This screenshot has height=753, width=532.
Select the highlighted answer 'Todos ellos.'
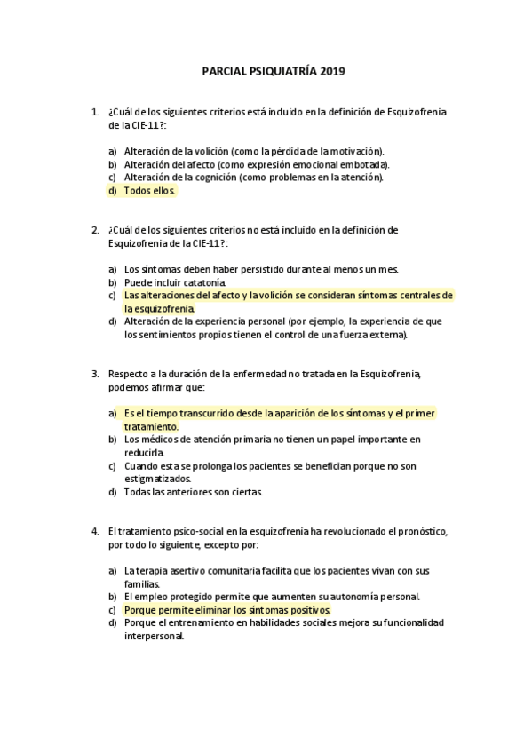(x=150, y=190)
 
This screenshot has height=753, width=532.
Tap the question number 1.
(x=94, y=112)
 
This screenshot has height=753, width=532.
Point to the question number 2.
(x=94, y=229)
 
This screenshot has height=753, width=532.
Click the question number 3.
(x=94, y=374)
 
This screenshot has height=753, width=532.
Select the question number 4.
(x=94, y=531)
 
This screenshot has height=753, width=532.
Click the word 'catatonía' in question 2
(x=193, y=281)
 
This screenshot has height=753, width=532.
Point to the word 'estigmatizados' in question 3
(x=156, y=479)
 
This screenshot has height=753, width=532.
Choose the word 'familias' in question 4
(x=142, y=583)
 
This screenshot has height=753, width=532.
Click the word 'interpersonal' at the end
(x=154, y=636)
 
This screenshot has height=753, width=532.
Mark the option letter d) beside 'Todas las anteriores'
(x=112, y=492)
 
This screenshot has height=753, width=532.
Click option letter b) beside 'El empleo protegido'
(x=112, y=597)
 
